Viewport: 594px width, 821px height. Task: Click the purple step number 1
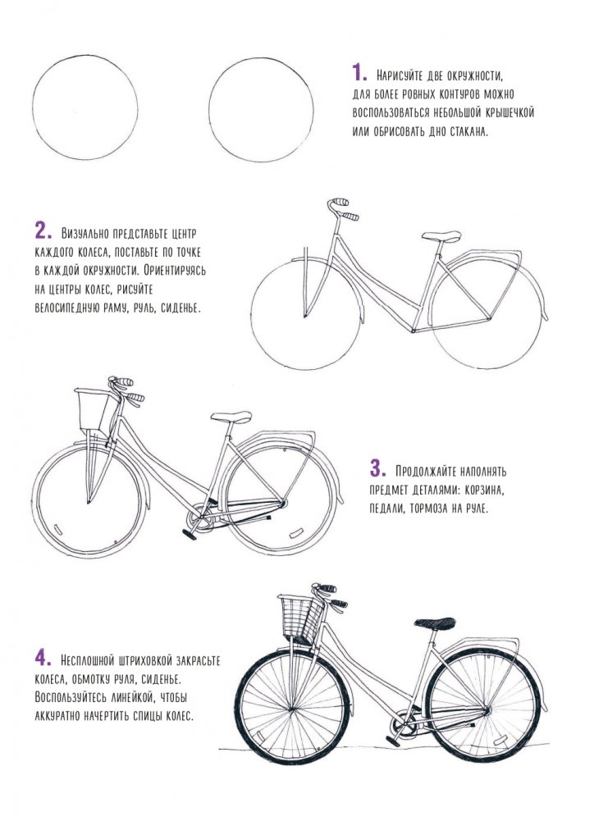(359, 73)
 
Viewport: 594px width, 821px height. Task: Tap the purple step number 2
(43, 230)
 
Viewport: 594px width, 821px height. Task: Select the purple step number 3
(377, 468)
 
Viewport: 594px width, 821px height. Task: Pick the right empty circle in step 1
(209, 110)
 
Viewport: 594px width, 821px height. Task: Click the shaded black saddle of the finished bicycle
(435, 623)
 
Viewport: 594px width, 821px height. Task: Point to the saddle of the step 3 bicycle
(231, 417)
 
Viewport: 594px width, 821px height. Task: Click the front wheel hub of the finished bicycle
(291, 710)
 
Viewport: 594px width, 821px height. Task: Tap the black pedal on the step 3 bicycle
(189, 535)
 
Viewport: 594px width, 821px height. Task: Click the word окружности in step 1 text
(475, 76)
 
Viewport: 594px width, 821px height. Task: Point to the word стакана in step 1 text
(468, 131)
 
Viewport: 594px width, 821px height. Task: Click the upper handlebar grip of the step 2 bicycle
(339, 202)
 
